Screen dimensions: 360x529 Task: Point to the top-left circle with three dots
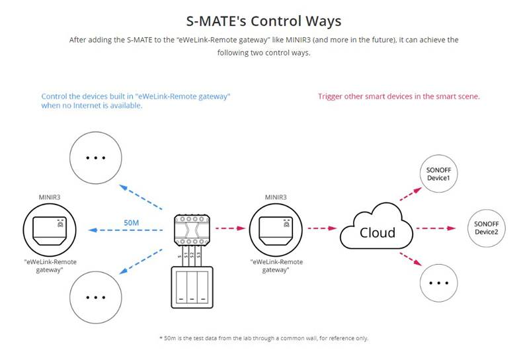click(x=97, y=158)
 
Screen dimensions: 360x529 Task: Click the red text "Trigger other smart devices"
click(x=399, y=97)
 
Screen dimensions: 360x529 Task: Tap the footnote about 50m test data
click(x=264, y=338)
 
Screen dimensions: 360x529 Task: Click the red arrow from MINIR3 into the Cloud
click(x=322, y=230)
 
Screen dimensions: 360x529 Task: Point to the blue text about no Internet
click(x=136, y=101)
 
